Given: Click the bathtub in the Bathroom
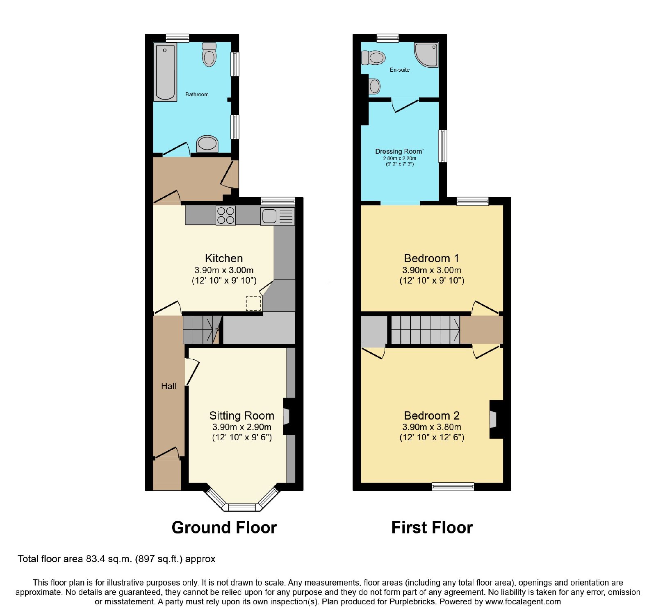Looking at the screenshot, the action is [165, 72].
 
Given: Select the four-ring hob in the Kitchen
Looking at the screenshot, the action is [225, 216].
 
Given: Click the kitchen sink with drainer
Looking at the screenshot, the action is [278, 216].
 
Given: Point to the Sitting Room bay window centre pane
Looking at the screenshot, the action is [242, 507].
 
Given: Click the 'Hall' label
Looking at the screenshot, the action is [169, 386].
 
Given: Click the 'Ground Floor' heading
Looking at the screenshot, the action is [224, 527].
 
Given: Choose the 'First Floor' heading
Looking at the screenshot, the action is [432, 527].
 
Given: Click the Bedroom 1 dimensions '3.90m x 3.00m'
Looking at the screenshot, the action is [432, 270].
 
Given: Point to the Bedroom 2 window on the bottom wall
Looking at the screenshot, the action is [453, 486].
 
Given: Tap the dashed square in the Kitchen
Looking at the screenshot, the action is [253, 303].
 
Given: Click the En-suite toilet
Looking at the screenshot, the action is [373, 58].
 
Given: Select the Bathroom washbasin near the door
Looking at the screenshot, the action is [207, 143].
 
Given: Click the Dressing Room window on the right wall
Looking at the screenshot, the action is [443, 146].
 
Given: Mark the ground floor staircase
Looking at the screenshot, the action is [202, 329].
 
